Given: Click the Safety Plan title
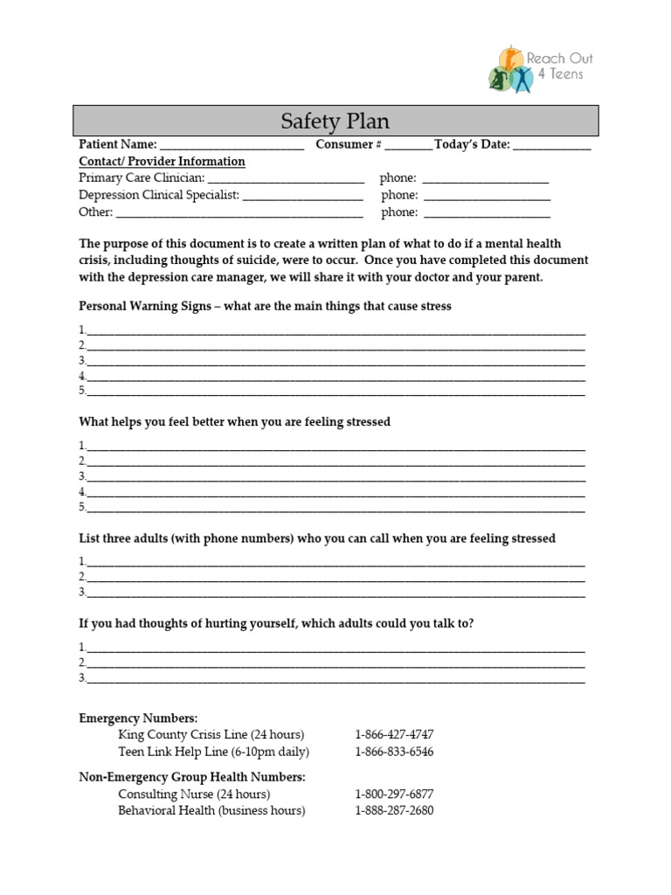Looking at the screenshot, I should (x=335, y=121).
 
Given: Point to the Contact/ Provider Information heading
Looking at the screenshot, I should (x=162, y=162).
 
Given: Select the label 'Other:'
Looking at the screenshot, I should (x=95, y=212).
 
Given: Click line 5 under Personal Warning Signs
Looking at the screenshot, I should (x=336, y=393).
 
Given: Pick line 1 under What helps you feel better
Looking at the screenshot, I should (x=336, y=447).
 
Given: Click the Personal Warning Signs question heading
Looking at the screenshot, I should (x=265, y=307).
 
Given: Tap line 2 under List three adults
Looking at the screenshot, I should (x=336, y=579).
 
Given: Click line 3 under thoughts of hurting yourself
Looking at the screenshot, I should (x=336, y=679).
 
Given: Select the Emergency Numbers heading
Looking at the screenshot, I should (x=138, y=718).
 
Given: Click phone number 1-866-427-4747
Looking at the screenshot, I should (x=394, y=734).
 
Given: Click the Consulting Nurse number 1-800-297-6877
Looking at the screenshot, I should (x=394, y=794).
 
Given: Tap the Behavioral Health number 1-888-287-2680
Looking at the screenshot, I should (x=394, y=810).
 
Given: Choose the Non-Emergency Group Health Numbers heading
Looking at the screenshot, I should (x=192, y=776).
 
